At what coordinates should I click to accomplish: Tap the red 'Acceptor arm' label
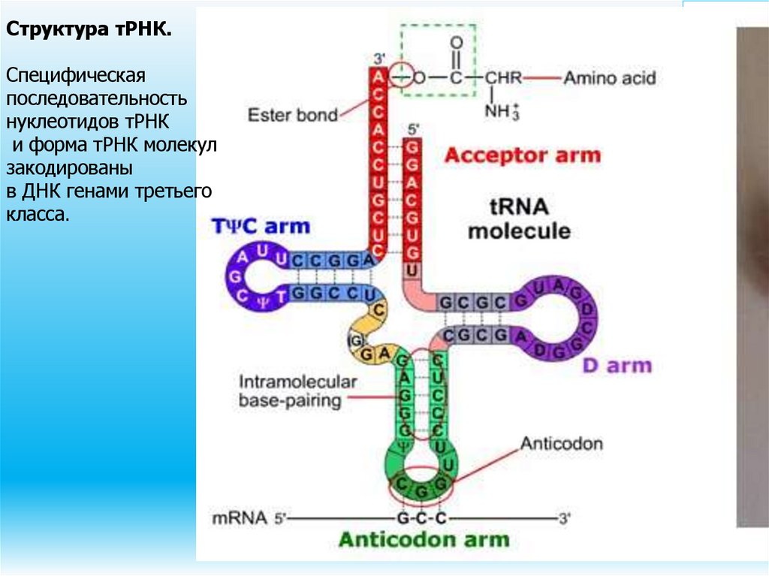pyautogui.click(x=523, y=155)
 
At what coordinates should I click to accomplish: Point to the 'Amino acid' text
pyautogui.click(x=610, y=77)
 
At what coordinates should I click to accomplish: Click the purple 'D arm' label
pyautogui.click(x=617, y=366)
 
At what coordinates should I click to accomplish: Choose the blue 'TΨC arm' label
pyautogui.click(x=260, y=226)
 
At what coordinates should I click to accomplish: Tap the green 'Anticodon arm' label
pyautogui.click(x=424, y=539)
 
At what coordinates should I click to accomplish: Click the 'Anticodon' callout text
pyautogui.click(x=562, y=443)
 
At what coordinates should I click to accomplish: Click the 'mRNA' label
pyautogui.click(x=240, y=517)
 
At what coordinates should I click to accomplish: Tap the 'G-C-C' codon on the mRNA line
pyautogui.click(x=421, y=517)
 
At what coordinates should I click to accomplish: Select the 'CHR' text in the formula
pyautogui.click(x=502, y=77)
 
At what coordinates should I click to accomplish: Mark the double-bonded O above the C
pyautogui.click(x=455, y=44)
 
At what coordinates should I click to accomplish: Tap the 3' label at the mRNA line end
pyautogui.click(x=564, y=517)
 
